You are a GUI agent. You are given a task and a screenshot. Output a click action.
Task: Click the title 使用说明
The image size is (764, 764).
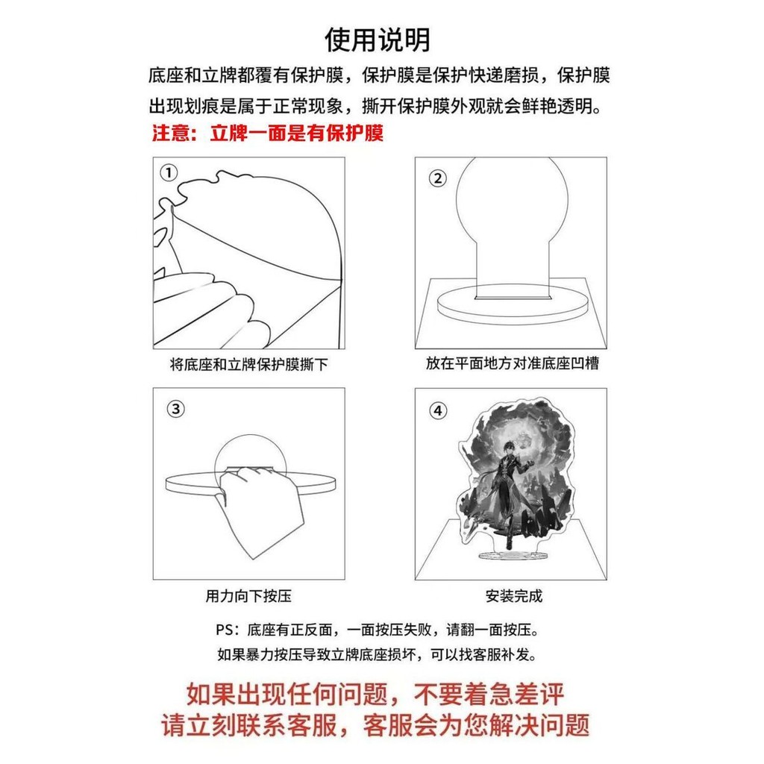point(378,40)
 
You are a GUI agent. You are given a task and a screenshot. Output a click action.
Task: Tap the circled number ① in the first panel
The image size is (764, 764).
point(169,172)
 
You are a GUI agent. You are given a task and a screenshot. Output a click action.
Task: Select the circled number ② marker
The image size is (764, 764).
point(437,179)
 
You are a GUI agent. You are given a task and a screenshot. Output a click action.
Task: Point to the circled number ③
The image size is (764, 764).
point(176,409)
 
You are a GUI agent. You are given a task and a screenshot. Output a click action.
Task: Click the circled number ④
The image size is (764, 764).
point(437,411)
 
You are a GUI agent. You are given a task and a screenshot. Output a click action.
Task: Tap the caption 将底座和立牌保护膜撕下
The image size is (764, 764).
point(248,364)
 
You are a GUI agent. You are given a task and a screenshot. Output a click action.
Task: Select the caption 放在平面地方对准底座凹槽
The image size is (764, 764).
point(512,363)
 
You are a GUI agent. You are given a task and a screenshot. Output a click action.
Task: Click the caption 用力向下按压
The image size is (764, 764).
point(248,595)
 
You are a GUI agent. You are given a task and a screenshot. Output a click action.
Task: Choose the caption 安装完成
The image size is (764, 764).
point(513,595)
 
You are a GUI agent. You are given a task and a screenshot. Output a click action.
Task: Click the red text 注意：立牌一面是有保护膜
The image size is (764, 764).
point(268,133)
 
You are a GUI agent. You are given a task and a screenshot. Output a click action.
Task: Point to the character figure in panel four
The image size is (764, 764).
point(507,492)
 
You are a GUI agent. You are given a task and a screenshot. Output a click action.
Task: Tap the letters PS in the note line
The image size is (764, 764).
point(225,630)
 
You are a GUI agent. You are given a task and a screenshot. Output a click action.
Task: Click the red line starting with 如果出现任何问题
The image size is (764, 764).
point(375,694)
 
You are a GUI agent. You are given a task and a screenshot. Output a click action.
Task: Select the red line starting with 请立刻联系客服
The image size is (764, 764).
point(375,725)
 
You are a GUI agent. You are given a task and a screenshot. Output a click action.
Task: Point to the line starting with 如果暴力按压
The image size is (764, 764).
point(377,654)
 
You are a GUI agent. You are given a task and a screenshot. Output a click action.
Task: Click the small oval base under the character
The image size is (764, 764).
point(511,555)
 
